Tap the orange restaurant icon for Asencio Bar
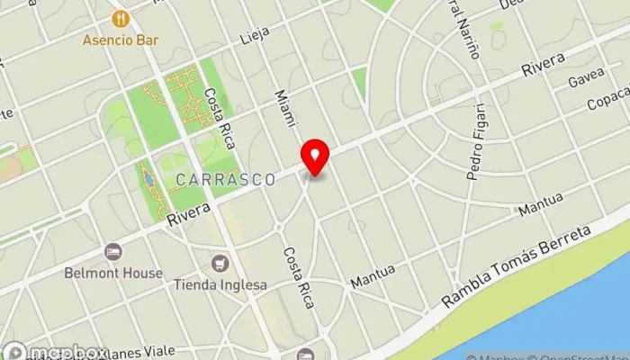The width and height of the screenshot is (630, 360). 120,19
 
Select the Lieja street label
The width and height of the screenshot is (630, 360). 256,37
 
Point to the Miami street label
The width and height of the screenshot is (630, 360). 284,106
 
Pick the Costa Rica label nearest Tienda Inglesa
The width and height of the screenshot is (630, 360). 299,278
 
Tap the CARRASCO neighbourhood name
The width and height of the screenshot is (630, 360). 226,180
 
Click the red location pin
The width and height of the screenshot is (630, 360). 315,158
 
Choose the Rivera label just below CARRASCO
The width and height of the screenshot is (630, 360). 189,213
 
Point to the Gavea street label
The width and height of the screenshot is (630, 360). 586,83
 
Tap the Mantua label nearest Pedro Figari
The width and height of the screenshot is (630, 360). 540,204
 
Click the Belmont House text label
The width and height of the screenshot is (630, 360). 125,273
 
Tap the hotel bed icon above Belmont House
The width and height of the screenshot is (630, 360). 112,252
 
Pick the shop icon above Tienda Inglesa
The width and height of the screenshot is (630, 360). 220,264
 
